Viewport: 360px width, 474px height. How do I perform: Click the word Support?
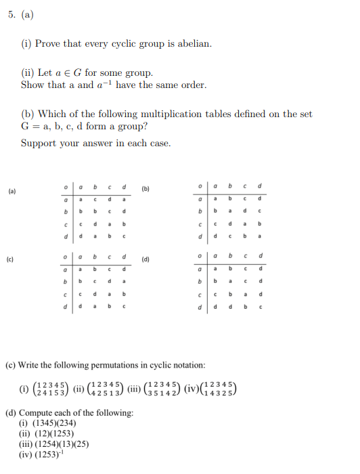(x=39, y=144)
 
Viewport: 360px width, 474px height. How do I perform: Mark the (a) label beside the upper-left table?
(x=12, y=192)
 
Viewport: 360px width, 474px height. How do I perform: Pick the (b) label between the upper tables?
(x=145, y=188)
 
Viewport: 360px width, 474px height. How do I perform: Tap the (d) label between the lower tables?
(x=145, y=259)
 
